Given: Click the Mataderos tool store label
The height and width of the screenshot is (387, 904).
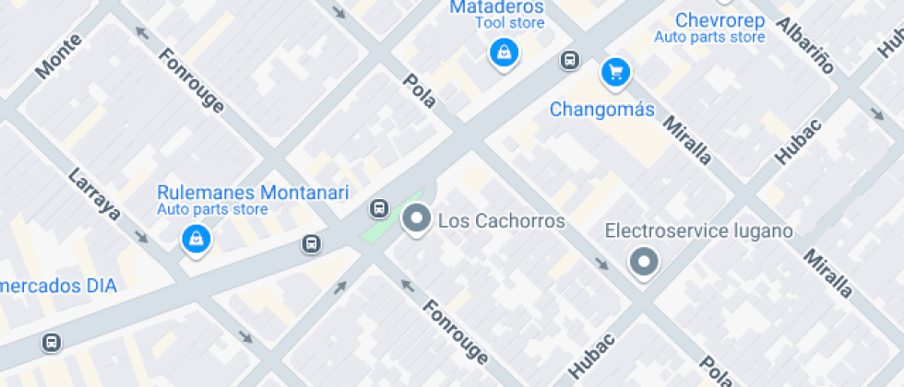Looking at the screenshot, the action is [x=496, y=7].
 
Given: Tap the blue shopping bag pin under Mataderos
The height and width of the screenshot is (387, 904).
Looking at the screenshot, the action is [x=504, y=52].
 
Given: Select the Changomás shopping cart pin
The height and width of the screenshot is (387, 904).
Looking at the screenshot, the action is [x=615, y=72].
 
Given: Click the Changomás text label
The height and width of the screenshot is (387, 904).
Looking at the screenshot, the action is [x=601, y=110].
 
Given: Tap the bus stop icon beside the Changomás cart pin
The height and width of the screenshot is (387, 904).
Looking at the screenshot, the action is [x=570, y=61].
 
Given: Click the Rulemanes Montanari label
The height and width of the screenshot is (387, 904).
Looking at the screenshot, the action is [x=253, y=193].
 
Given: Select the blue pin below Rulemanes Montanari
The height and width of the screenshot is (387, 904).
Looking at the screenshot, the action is [x=196, y=240].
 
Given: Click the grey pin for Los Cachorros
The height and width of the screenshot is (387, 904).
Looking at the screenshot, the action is [x=418, y=219].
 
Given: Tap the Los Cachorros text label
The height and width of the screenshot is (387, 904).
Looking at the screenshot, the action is [x=501, y=221].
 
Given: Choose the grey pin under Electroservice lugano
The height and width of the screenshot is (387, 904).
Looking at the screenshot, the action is [x=644, y=262].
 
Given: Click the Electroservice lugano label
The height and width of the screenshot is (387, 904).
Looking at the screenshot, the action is [x=698, y=230].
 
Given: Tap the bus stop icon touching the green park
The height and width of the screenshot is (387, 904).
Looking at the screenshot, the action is [x=378, y=208].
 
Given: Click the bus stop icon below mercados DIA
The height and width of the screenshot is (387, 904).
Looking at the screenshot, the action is [x=52, y=343].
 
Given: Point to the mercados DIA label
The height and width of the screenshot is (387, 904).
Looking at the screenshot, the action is [x=58, y=286].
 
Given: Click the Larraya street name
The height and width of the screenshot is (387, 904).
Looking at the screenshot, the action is [x=95, y=194].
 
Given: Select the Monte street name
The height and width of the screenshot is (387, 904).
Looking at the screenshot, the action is [x=59, y=55].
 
